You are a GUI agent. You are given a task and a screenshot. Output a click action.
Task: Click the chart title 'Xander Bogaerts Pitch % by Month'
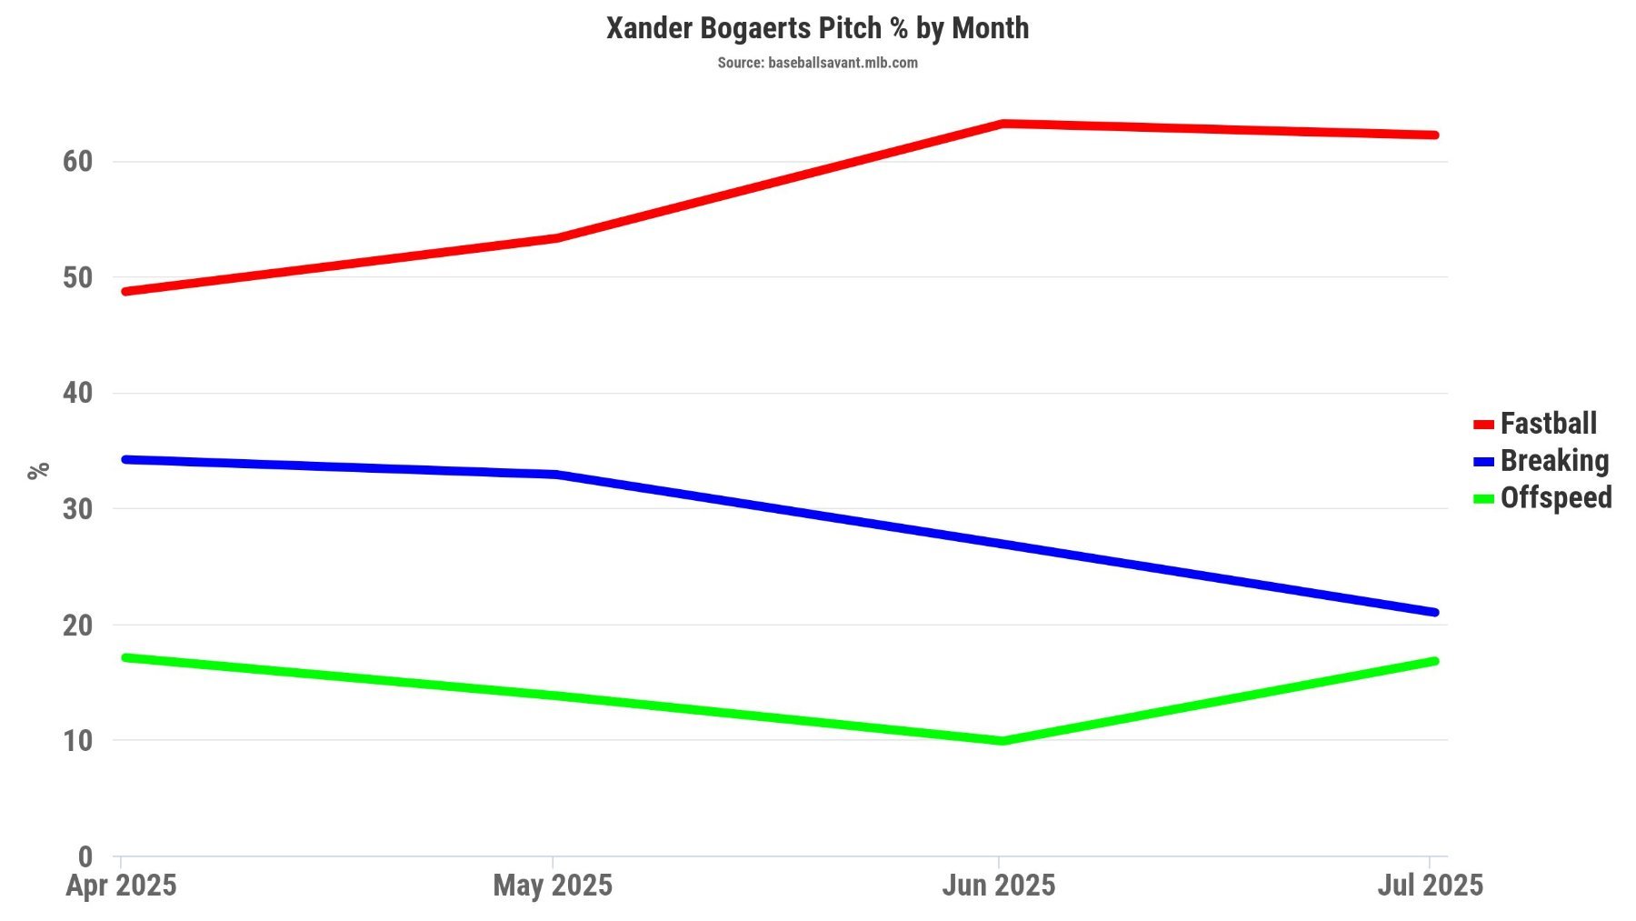pyautogui.click(x=817, y=28)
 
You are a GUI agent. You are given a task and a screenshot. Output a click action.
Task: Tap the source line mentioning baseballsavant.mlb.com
pyautogui.click(x=817, y=63)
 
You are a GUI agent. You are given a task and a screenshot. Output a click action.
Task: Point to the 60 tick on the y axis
pyautogui.click(x=78, y=162)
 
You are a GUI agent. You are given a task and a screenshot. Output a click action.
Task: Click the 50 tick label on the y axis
pyautogui.click(x=78, y=278)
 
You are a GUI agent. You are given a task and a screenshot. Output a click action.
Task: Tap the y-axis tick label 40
pyautogui.click(x=78, y=394)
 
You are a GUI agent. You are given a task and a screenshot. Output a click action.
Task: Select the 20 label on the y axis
pyautogui.click(x=78, y=626)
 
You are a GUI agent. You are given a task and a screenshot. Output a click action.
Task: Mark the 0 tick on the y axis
pyautogui.click(x=85, y=856)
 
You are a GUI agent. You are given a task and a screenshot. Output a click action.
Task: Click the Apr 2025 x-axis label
pyautogui.click(x=121, y=886)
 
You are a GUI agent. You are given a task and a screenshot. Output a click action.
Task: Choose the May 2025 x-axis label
pyautogui.click(x=553, y=886)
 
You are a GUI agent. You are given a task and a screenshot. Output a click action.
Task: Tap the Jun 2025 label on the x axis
pyautogui.click(x=999, y=886)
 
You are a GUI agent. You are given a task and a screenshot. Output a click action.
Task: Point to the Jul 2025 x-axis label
pyautogui.click(x=1430, y=886)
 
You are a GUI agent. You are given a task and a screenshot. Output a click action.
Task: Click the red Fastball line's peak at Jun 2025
pyautogui.click(x=1001, y=124)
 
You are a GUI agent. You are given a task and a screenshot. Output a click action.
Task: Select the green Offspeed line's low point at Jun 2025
pyautogui.click(x=1001, y=741)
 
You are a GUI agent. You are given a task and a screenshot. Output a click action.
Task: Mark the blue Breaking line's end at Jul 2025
pyautogui.click(x=1433, y=612)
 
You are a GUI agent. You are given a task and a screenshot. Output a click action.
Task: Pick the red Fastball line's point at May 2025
pyautogui.click(x=555, y=238)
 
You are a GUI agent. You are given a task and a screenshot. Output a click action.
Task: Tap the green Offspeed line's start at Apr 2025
pyautogui.click(x=125, y=656)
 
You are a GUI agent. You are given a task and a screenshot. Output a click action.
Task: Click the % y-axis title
pyautogui.click(x=38, y=471)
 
